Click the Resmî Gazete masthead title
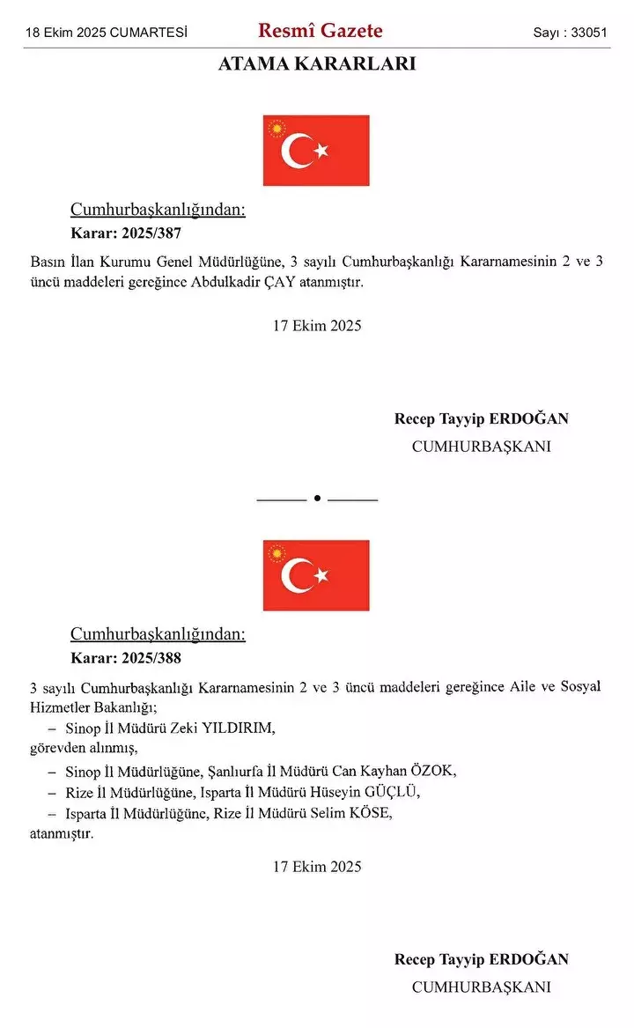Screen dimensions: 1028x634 tap(320, 31)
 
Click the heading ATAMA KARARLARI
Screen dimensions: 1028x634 tap(317, 64)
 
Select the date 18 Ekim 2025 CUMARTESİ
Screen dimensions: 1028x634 tap(107, 33)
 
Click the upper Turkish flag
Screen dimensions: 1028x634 tap(316, 151)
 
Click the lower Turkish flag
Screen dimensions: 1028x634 tap(316, 575)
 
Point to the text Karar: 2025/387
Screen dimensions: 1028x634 tap(126, 233)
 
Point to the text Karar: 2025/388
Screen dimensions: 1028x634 tap(126, 658)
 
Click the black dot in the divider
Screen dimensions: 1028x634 tap(317, 499)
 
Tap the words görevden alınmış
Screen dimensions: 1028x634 tap(84, 748)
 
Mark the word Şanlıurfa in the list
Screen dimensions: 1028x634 tap(236, 771)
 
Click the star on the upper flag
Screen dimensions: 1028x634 tap(321, 151)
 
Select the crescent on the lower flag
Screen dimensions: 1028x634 tap(295, 575)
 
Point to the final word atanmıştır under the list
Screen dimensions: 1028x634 tap(61, 832)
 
